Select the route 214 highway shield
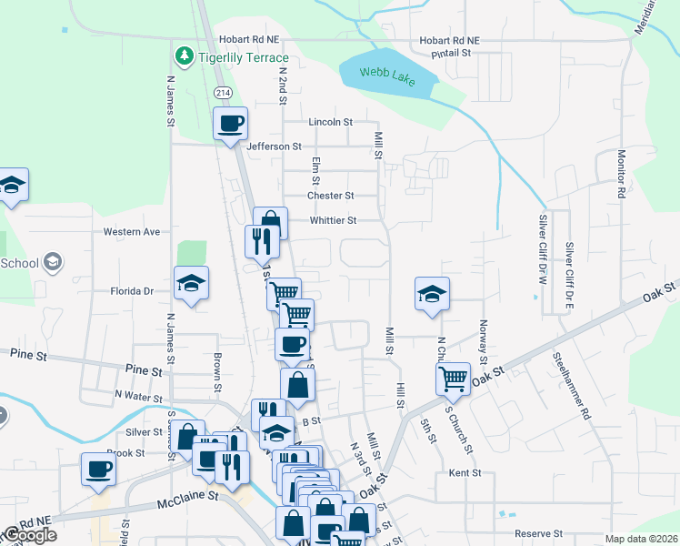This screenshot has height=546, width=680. [223, 93]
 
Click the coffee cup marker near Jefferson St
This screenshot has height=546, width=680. [231, 123]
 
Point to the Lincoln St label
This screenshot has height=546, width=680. [330, 122]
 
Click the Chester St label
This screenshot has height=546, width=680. [330, 196]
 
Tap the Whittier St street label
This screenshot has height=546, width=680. [333, 220]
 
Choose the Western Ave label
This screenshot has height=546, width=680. [131, 232]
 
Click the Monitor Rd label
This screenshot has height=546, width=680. [622, 175]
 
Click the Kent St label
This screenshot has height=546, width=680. [465, 474]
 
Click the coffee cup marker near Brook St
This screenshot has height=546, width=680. [99, 469]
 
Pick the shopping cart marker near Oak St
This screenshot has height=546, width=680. [453, 377]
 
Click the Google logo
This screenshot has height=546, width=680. [29, 536]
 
